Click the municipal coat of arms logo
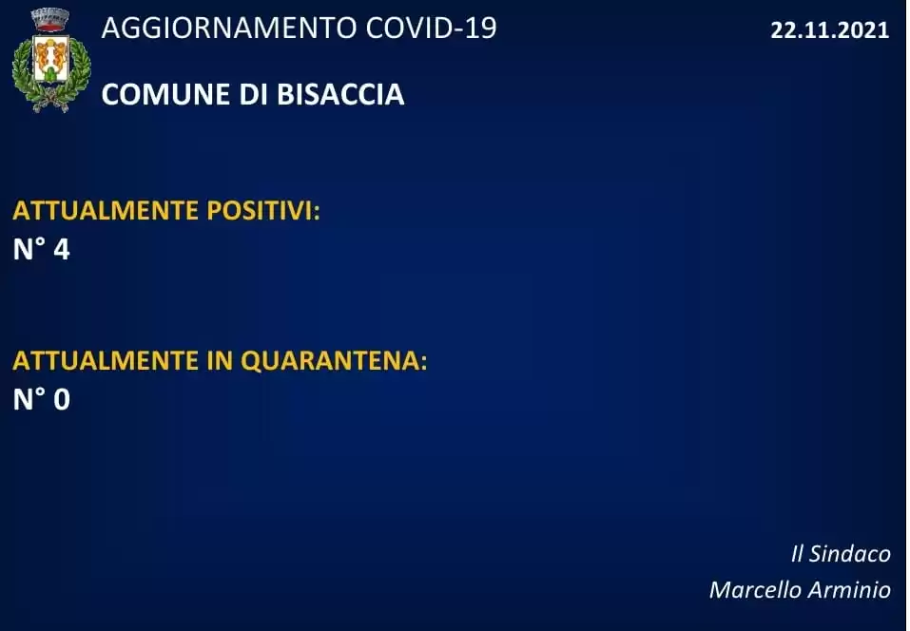click(51, 60)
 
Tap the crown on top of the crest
click(50, 20)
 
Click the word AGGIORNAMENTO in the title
click(228, 28)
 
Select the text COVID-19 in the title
click(431, 28)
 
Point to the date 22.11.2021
click(829, 30)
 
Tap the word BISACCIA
click(340, 94)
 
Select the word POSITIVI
click(262, 210)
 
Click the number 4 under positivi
click(62, 249)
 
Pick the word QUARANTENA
click(334, 361)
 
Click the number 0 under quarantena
click(62, 399)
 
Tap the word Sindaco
click(850, 554)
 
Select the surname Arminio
click(849, 590)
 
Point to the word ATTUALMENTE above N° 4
click(106, 210)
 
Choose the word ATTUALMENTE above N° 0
click(106, 361)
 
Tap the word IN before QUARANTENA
click(220, 361)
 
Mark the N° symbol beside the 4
click(29, 249)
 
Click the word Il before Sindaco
click(797, 554)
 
